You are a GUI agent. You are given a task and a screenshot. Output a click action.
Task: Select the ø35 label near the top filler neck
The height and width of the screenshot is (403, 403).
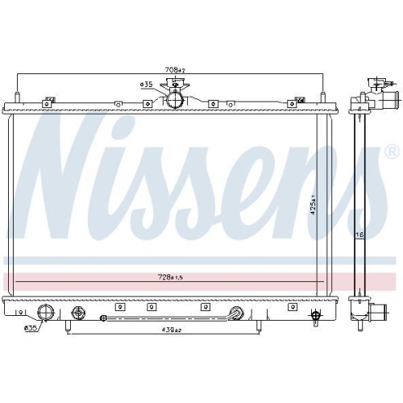point(147,85)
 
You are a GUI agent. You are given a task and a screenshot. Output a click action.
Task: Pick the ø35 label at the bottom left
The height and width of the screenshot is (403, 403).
point(31,328)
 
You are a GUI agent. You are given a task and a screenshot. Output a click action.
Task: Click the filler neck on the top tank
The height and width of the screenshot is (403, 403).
point(173,101)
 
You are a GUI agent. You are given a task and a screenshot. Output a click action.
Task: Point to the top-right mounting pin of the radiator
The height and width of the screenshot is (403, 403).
point(324,100)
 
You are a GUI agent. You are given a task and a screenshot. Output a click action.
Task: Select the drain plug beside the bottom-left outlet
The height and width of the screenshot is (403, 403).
point(78,312)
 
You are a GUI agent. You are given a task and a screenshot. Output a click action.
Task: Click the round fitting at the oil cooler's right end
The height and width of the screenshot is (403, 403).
point(237,314)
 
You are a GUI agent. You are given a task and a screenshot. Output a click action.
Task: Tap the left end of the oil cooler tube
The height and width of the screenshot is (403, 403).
point(102,318)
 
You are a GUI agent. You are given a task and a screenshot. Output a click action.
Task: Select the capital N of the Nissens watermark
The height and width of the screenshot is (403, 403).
point(64,182)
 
